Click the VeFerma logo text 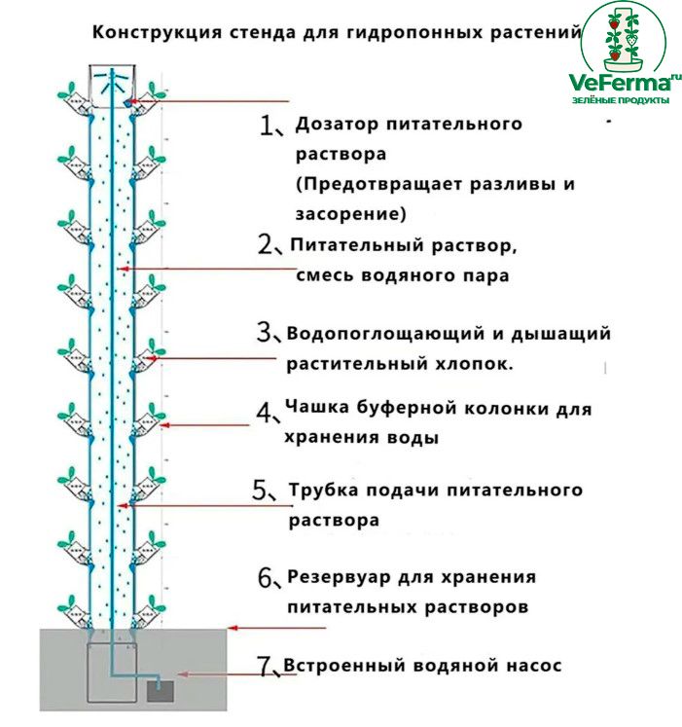click(618, 85)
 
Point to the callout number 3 click(267, 334)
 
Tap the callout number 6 click(267, 577)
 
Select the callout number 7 click(265, 667)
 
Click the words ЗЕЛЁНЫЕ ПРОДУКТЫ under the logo click(618, 101)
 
